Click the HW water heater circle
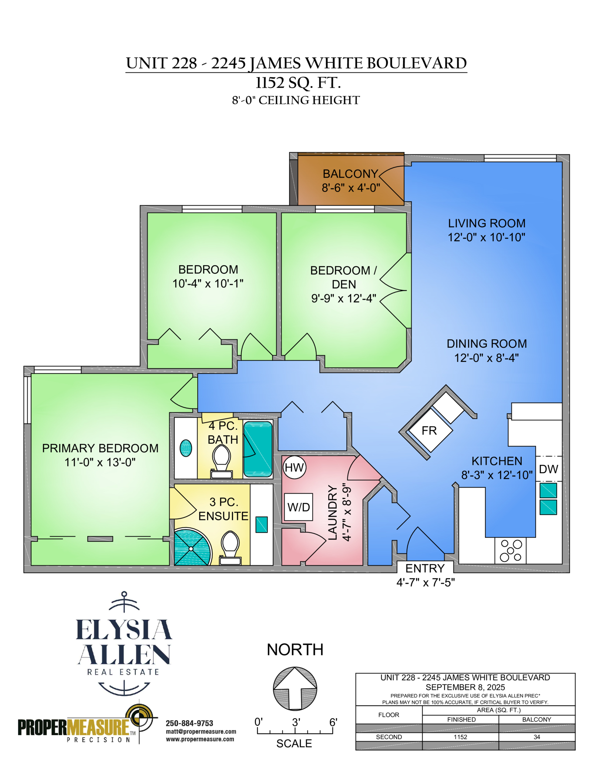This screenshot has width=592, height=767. [294, 468]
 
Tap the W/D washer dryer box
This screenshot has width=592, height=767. [298, 507]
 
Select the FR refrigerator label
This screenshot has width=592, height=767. [429, 431]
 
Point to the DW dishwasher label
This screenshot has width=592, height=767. [548, 469]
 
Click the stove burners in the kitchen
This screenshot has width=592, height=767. [511, 550]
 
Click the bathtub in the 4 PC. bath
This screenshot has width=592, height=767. [258, 449]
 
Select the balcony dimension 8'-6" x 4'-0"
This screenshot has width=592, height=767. [351, 188]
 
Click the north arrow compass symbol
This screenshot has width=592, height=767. [295, 688]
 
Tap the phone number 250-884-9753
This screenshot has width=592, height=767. [189, 723]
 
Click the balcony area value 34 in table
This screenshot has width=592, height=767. [537, 737]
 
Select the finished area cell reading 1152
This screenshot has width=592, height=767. [461, 737]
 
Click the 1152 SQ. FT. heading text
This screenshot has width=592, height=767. [298, 83]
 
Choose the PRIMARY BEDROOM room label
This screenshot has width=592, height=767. [100, 448]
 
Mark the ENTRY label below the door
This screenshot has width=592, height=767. [425, 568]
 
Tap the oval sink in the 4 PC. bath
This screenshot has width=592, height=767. [186, 448]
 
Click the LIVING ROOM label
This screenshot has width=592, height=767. [487, 223]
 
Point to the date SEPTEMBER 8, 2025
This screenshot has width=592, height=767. [465, 687]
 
